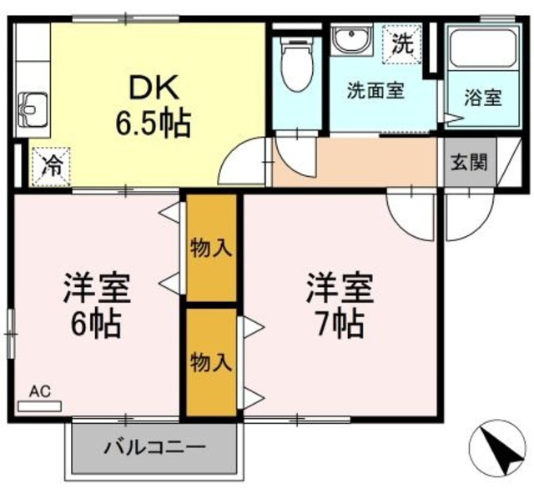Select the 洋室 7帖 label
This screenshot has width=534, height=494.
[338, 304]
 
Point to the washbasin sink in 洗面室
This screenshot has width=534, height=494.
[353, 39]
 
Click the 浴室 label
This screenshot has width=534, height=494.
[482, 98]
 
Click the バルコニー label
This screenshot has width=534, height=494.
[154, 446]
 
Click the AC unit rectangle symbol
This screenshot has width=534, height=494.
[39, 406]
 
